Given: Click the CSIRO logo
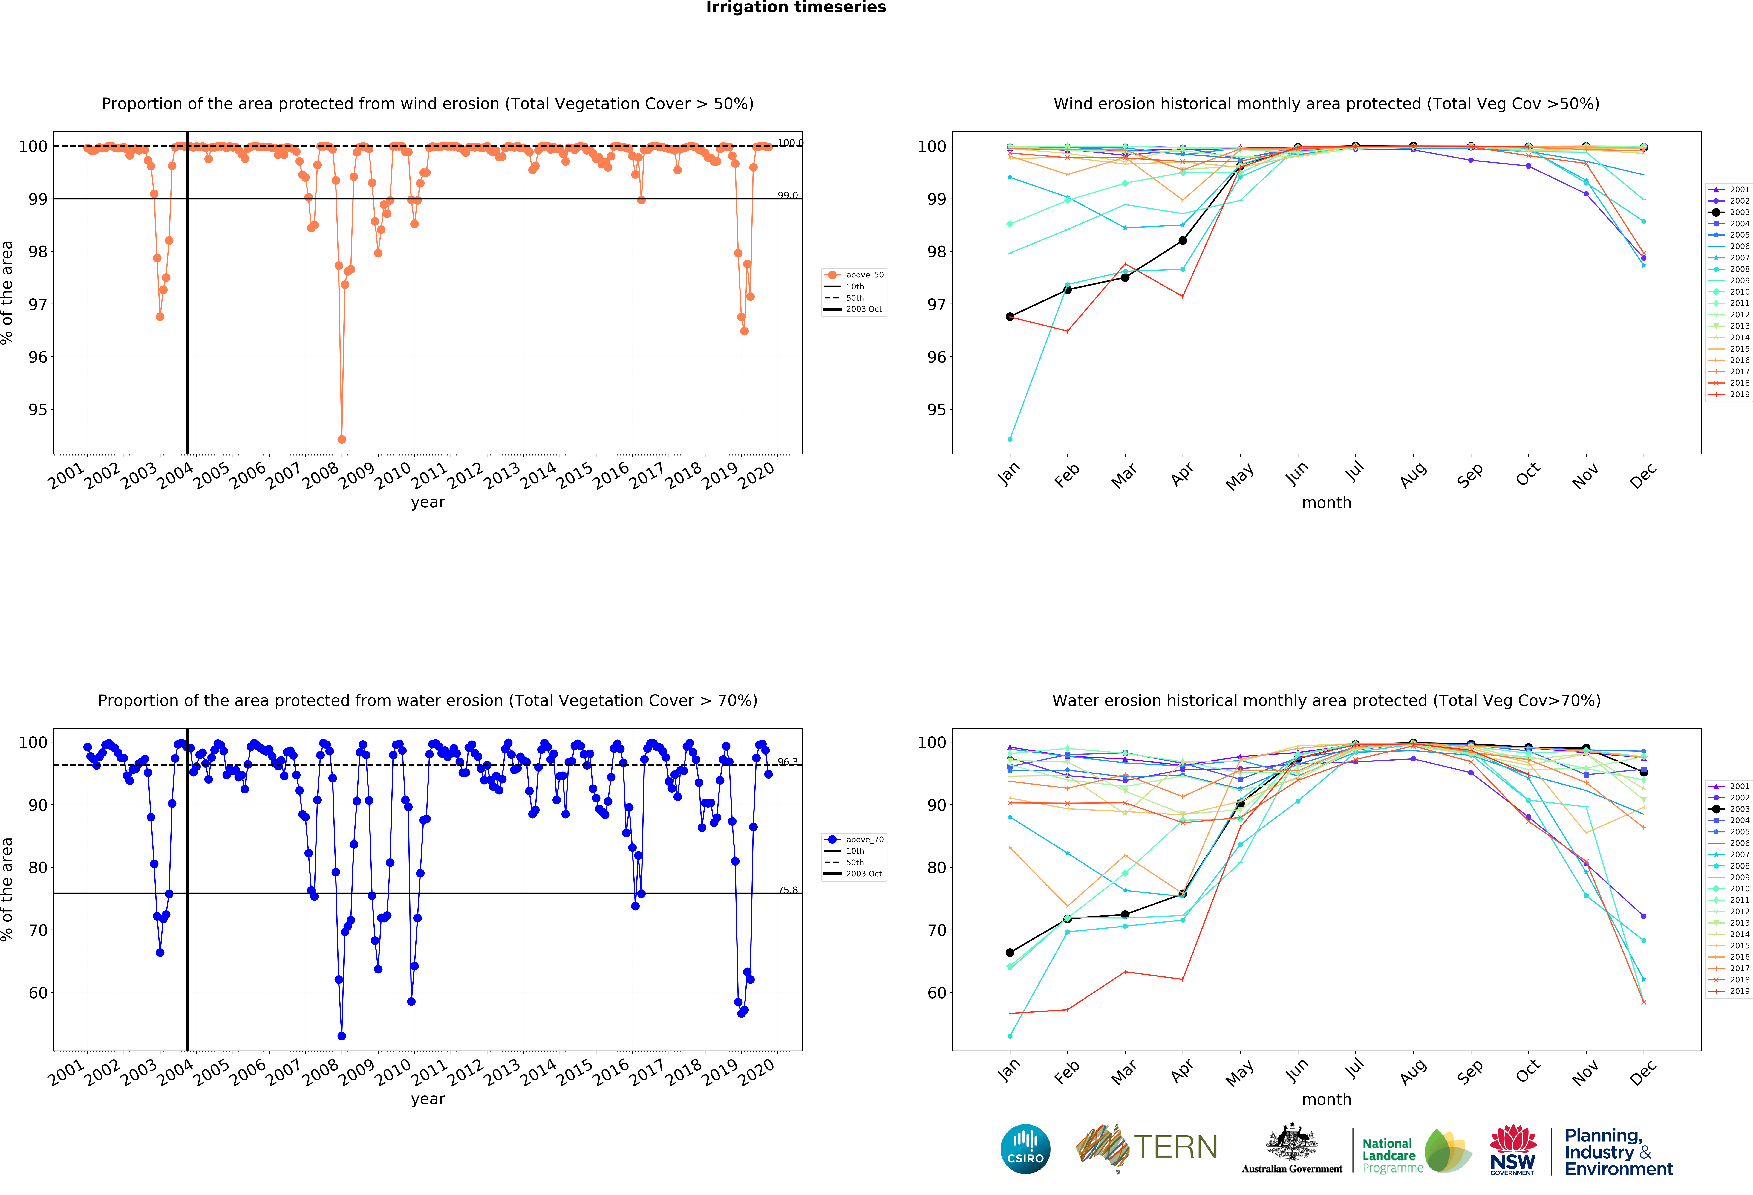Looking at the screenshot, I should pos(1025,1149).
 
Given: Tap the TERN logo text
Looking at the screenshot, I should pos(1175,1147).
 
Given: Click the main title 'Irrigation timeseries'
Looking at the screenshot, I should pos(796,7).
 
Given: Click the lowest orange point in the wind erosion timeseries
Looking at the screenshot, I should pos(342,439).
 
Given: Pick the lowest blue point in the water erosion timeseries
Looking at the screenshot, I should pos(342,1036).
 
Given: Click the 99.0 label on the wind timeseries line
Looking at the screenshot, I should pos(788,195).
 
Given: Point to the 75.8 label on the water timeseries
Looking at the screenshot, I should pos(788,890).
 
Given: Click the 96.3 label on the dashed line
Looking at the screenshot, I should pos(788,762).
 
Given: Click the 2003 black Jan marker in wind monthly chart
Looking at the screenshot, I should pos(1010,317).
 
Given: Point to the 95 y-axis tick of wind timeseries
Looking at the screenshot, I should pos(37,410).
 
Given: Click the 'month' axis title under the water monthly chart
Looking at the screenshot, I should pos(1326,1099).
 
